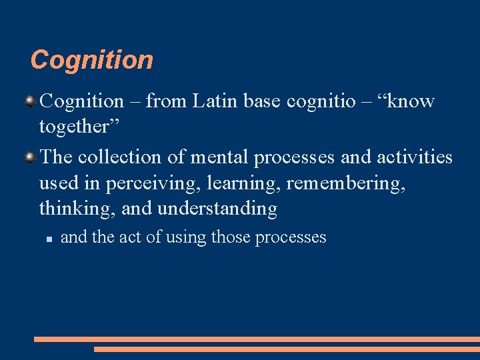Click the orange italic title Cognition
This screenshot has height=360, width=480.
click(92, 60)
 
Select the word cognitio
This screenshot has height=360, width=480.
click(322, 101)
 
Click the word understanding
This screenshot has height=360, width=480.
click(217, 209)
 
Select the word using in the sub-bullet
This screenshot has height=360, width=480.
click(186, 237)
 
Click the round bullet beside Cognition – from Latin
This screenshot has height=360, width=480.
click(31, 101)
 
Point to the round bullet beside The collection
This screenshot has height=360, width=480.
click(31, 157)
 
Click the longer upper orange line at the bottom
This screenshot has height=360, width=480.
click(257, 339)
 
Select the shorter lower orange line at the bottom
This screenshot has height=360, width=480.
click(287, 349)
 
